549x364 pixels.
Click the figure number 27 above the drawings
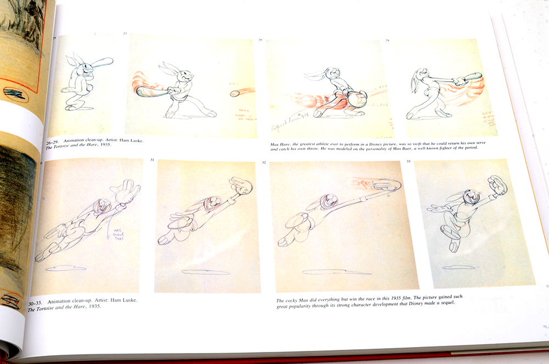[x=125, y=34]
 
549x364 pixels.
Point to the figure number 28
[x=261, y=40]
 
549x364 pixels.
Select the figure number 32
[x=264, y=163]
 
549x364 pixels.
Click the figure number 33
[x=408, y=161]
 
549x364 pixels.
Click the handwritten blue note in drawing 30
[x=116, y=233]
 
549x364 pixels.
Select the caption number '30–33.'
[x=36, y=301]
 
